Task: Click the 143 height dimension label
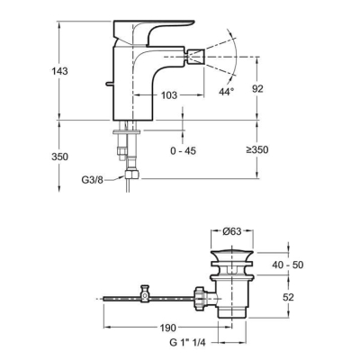point(59,71)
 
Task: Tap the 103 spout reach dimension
point(169,95)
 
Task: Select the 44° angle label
point(227,92)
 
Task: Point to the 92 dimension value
point(257,89)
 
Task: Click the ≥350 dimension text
point(257,149)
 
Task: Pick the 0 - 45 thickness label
point(183,150)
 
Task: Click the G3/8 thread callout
point(93,180)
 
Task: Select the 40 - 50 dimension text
point(288,265)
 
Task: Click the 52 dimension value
point(288,297)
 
